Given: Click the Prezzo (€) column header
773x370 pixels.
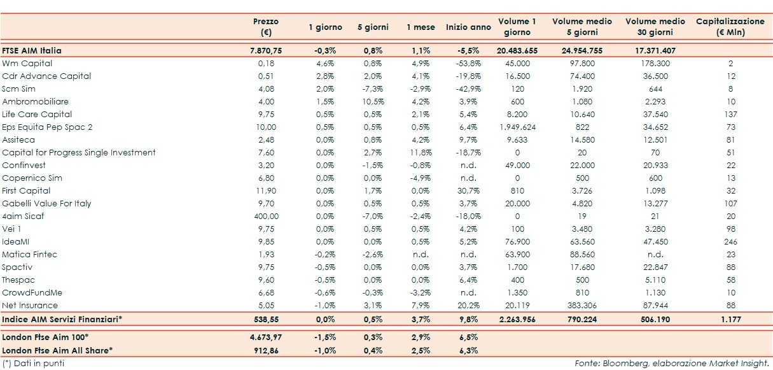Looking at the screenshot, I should tap(265, 27).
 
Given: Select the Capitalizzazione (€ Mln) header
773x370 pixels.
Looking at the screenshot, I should tap(730, 27).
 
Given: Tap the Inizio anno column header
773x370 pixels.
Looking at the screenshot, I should tap(468, 27).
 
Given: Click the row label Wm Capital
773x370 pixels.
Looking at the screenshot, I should tap(27, 64).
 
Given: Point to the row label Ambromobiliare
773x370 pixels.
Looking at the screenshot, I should tap(36, 102).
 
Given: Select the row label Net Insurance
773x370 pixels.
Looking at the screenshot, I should tap(29, 306).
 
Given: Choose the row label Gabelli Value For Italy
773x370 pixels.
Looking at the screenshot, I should tap(46, 204).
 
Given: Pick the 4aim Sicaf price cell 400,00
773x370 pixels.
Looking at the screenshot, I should tap(266, 217).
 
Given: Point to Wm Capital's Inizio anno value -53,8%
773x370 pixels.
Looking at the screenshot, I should tap(468, 64).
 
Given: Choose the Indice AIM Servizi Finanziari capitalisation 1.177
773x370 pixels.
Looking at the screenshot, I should tap(730, 318).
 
